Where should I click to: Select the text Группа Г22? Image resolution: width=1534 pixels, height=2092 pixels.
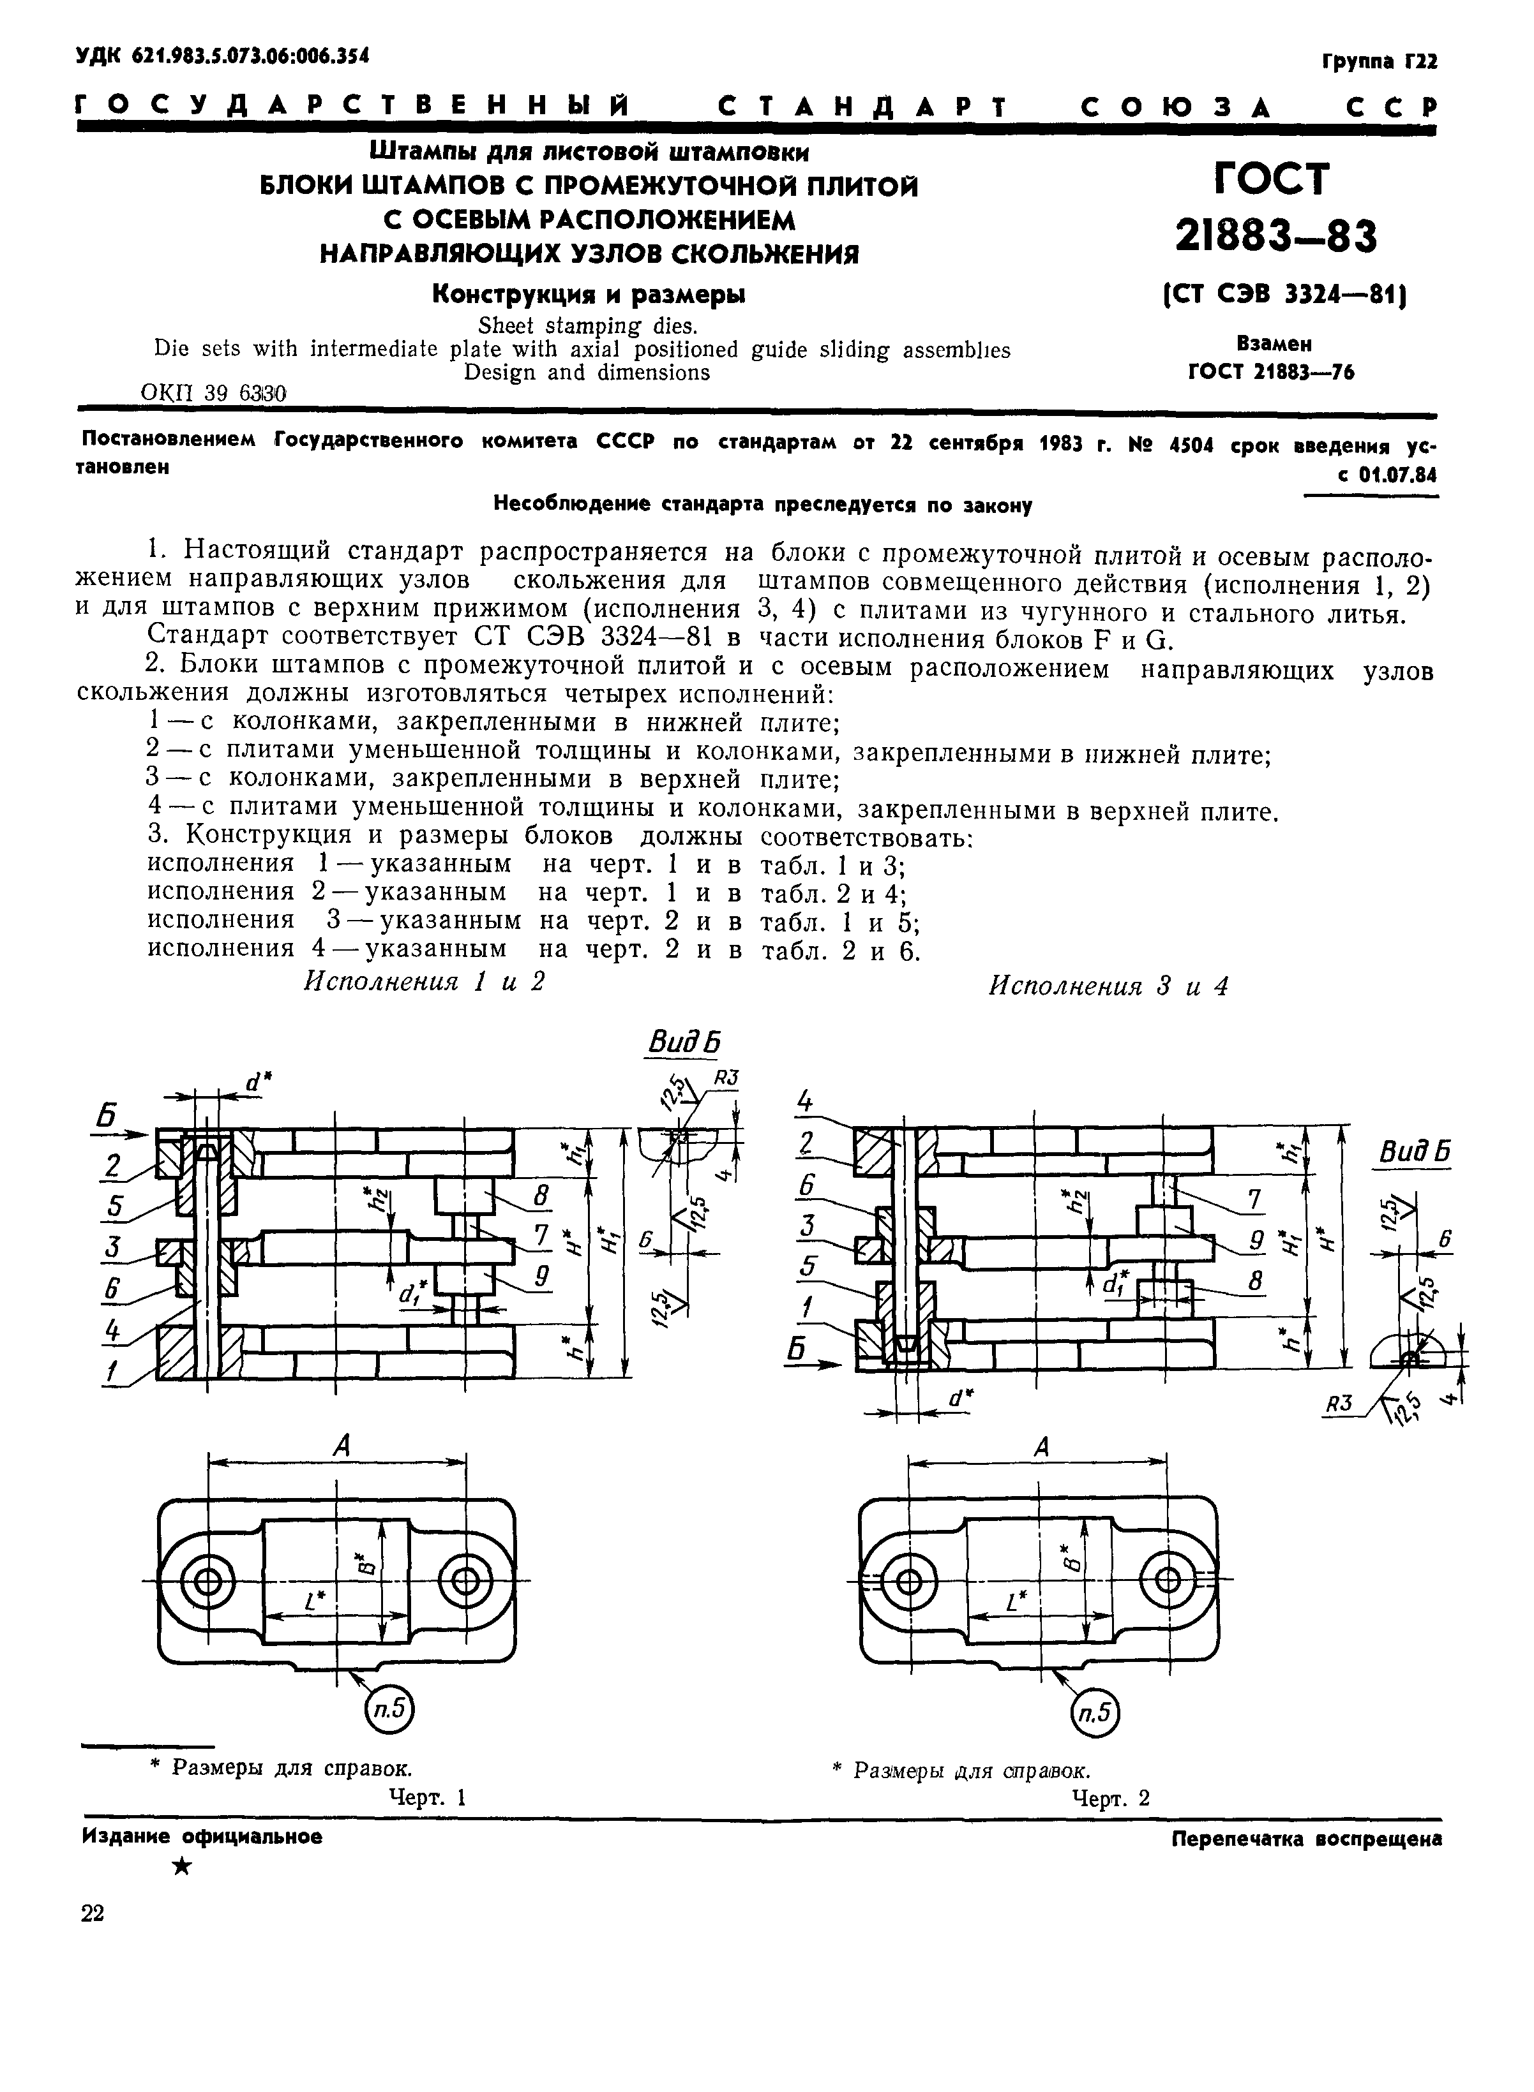click(x=1378, y=62)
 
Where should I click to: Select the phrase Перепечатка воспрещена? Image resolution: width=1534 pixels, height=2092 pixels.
click(x=1307, y=1837)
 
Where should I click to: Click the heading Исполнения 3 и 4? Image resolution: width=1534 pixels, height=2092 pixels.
click(x=1108, y=986)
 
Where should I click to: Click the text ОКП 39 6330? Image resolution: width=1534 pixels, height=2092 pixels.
click(x=214, y=394)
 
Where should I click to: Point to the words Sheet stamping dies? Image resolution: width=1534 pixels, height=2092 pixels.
click(x=587, y=327)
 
